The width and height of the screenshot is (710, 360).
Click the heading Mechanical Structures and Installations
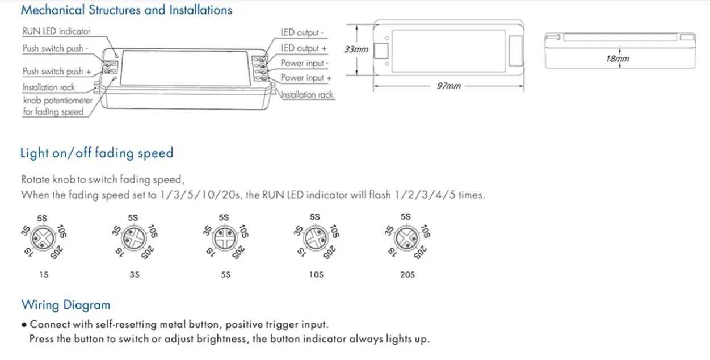tap(126, 10)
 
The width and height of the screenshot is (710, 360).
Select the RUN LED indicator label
tap(56, 32)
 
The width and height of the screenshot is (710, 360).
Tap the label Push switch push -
tap(55, 49)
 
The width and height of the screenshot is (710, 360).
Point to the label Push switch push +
tap(57, 72)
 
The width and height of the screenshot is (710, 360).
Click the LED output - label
tap(303, 33)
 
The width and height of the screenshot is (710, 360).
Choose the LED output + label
tap(304, 48)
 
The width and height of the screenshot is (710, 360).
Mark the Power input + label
tap(306, 78)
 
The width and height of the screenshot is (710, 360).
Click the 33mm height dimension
tap(356, 49)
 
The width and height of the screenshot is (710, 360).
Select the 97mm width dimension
tap(448, 86)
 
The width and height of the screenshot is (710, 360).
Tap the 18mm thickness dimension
tap(617, 58)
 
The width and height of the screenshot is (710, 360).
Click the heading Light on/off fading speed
tap(96, 153)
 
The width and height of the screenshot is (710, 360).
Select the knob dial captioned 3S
tap(134, 237)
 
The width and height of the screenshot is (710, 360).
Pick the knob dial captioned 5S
tap(225, 237)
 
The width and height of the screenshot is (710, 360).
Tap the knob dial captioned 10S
tap(316, 237)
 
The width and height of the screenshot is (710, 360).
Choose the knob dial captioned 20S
tap(406, 237)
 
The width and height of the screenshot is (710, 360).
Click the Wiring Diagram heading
tap(66, 305)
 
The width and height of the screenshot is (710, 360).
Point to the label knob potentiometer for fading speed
tap(57, 106)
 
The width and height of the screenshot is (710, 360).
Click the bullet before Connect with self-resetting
tap(24, 325)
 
